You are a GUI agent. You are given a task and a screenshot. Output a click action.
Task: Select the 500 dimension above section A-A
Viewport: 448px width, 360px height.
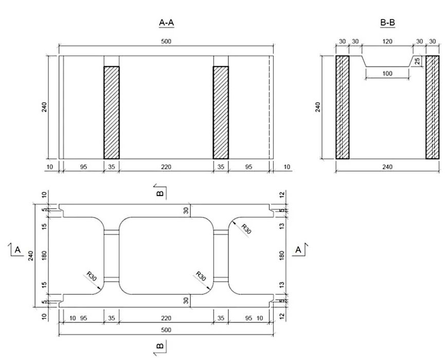[166, 41]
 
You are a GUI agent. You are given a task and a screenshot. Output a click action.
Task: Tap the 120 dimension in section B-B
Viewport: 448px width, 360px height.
[387, 41]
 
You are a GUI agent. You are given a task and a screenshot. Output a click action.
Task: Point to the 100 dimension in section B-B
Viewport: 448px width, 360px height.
[387, 74]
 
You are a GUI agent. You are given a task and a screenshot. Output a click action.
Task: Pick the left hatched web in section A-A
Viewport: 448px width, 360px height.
[112, 112]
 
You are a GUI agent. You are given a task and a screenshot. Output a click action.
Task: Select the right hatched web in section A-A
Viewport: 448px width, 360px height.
[221, 112]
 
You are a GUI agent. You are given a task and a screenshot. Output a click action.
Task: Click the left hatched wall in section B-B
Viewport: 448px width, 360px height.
[342, 107]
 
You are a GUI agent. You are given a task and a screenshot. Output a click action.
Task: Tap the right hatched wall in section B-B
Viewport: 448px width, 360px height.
[433, 107]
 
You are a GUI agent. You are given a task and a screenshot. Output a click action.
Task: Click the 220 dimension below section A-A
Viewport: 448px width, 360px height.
[166, 167]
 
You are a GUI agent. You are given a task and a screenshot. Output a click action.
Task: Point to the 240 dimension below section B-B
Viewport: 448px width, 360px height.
[387, 167]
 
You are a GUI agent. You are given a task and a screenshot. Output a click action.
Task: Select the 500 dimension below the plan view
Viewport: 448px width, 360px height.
[166, 330]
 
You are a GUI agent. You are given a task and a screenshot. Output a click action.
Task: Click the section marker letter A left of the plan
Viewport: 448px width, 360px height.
[17, 250]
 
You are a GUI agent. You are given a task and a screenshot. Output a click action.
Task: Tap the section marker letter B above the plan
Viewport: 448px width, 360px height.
[159, 193]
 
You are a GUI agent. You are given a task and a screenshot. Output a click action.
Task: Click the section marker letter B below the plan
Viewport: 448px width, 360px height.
[159, 345]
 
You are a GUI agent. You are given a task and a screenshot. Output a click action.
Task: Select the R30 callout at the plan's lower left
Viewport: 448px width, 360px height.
[92, 276]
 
